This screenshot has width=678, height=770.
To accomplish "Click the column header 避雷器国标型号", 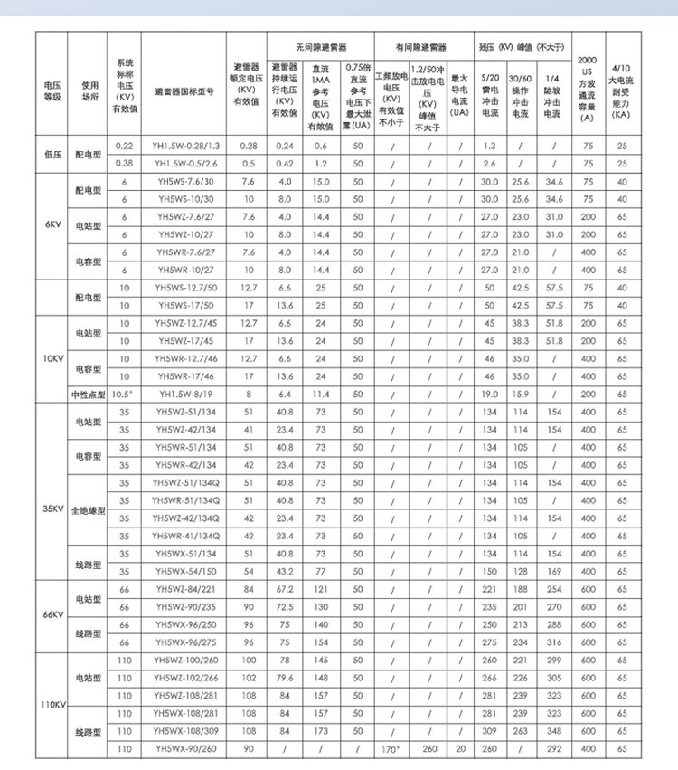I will [x=184, y=91].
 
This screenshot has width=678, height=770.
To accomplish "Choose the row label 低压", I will [x=53, y=154].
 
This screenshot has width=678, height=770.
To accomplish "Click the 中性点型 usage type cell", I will [x=88, y=395].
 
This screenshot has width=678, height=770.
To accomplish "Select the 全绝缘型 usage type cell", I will [x=88, y=510].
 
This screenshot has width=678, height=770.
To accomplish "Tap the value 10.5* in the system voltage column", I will [x=124, y=395].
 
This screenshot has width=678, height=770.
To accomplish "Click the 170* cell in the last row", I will [x=391, y=748].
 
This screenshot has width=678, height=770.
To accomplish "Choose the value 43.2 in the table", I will [x=285, y=571].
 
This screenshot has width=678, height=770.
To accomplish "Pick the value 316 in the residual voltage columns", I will [x=552, y=642].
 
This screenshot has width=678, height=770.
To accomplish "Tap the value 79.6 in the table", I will [x=285, y=678].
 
